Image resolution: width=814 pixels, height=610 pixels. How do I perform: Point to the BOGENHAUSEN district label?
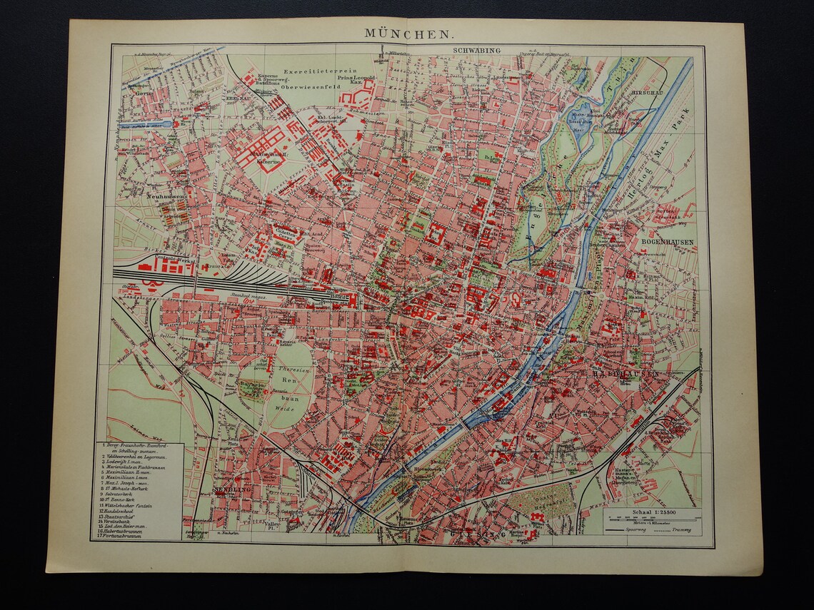click(668, 242)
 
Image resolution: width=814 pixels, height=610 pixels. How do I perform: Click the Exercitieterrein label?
click(313, 71)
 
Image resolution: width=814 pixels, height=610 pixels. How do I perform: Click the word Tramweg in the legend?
click(680, 531)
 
